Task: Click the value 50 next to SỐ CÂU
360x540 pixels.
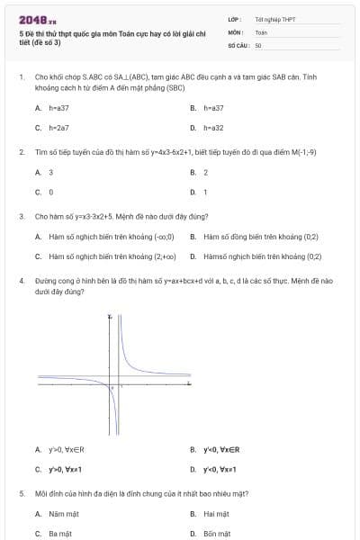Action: pos(258,43)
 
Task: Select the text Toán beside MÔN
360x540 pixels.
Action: pos(261,31)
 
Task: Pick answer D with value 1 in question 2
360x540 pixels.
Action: pos(205,192)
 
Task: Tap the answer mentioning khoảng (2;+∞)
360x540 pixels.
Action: pos(112,256)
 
